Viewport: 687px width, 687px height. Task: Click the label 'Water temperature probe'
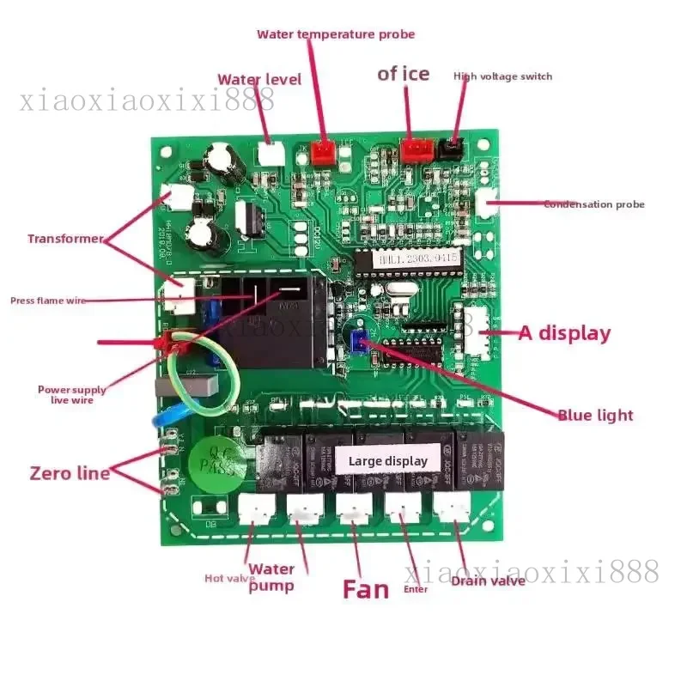tap(336, 34)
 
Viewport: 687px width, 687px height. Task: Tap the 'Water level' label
tap(258, 79)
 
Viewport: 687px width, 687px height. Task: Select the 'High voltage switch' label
tap(502, 76)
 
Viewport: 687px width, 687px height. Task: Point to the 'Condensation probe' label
tap(593, 204)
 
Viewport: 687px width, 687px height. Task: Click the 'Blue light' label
tap(595, 415)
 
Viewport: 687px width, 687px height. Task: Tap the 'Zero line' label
tap(70, 472)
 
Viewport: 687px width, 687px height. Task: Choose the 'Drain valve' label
tap(488, 581)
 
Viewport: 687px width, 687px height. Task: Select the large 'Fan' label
tap(366, 589)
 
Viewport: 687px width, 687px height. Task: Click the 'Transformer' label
tap(65, 239)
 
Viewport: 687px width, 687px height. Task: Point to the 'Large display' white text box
tap(387, 461)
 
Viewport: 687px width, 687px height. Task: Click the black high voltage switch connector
tap(448, 149)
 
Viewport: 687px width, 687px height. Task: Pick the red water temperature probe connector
tap(323, 153)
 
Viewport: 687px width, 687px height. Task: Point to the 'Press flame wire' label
tap(48, 301)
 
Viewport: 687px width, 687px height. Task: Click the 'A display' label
tap(564, 333)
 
